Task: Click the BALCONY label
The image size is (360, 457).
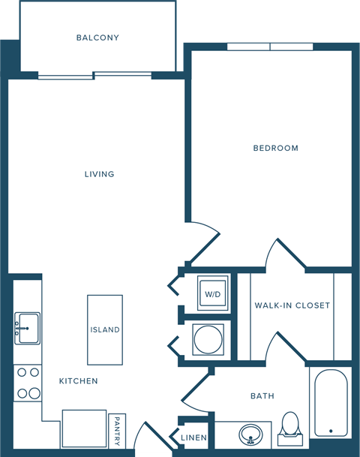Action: [97, 38]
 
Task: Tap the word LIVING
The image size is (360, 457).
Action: [99, 174]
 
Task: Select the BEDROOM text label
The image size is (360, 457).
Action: [275, 148]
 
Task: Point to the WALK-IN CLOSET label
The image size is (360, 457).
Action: [292, 305]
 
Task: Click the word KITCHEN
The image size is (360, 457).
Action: [79, 381]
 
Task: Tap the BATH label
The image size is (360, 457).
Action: [262, 395]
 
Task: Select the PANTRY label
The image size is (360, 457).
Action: [117, 431]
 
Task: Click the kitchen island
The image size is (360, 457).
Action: [104, 329]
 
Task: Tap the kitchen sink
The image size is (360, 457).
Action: [26, 327]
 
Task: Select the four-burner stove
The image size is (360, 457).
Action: [28, 383]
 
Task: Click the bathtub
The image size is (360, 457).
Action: [330, 405]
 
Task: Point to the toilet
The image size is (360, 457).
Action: [289, 425]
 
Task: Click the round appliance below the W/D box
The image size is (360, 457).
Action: [206, 340]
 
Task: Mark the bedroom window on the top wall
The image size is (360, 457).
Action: [270, 47]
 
